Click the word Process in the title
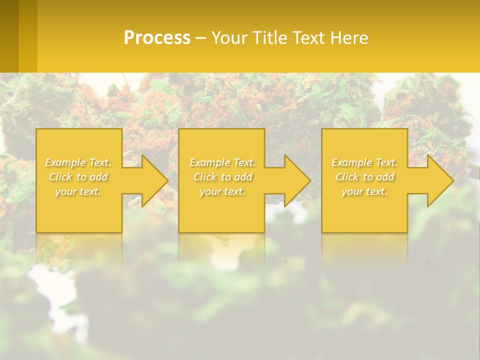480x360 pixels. point(157,38)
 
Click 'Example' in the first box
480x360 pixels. point(65,162)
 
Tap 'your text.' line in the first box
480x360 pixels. point(78,191)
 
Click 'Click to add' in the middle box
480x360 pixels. point(222,177)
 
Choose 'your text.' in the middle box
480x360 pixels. point(222,191)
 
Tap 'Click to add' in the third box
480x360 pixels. point(364,177)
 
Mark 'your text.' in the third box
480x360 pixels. point(364,191)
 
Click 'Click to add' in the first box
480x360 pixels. point(78,177)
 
